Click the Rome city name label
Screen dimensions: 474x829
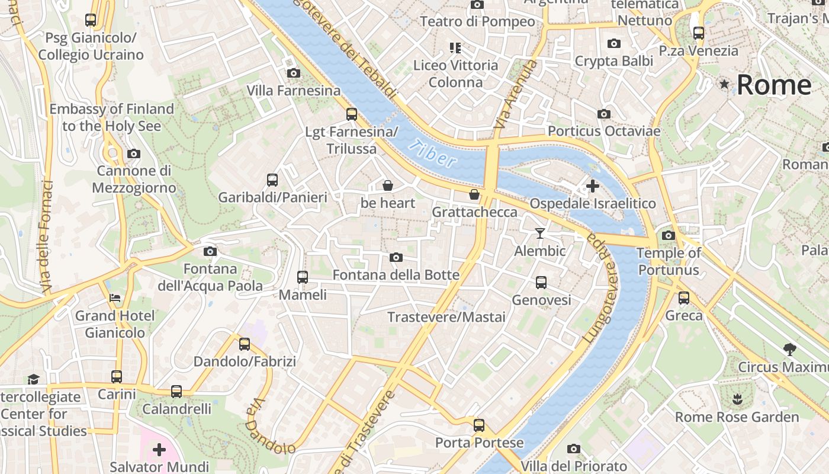773,85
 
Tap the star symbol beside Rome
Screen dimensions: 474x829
724,84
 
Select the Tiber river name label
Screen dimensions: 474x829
435,154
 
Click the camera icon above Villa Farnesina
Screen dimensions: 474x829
293,73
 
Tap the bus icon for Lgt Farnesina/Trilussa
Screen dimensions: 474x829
352,114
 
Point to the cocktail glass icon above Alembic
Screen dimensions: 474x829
539,233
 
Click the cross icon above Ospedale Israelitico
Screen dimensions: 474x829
592,187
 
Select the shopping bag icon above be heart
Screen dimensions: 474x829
388,185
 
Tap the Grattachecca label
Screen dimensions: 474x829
475,212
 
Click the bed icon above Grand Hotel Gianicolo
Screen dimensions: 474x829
115,297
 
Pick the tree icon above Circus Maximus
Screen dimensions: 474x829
789,350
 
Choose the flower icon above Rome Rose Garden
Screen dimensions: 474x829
737,399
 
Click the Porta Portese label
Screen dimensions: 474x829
479,443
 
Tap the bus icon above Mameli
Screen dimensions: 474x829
302,277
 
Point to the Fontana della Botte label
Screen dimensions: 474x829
396,275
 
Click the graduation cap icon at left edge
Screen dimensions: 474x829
34,379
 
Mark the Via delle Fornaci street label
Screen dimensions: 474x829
47,237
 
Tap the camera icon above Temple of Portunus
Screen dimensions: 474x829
669,235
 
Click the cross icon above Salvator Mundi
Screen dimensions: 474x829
159,450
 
